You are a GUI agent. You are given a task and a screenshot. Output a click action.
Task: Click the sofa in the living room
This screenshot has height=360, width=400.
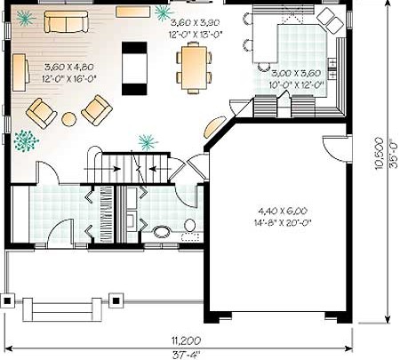click(66, 21)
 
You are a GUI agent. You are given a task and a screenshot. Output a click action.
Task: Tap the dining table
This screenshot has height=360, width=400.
click(194, 68)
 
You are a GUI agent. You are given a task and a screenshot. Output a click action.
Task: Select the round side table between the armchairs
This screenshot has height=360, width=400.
click(69, 119)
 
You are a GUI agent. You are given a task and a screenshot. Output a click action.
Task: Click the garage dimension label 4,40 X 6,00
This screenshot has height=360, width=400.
click(283, 211)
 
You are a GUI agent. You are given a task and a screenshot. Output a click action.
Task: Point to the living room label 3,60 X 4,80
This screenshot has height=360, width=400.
click(69, 67)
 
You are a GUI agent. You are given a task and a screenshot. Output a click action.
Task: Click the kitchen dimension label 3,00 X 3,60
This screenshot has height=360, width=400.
click(296, 73)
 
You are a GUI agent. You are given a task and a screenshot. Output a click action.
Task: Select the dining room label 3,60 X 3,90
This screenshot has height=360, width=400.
click(196, 22)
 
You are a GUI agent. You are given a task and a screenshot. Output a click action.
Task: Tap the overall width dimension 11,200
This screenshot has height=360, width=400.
click(186, 340)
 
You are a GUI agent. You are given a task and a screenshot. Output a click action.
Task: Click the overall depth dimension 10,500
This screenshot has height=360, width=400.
click(379, 153)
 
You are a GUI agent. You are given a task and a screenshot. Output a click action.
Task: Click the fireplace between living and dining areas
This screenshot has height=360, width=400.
click(134, 68)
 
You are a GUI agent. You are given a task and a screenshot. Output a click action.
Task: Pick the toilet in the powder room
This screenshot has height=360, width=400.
click(189, 225)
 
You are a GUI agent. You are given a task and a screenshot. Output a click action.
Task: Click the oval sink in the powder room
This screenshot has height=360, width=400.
click(162, 232)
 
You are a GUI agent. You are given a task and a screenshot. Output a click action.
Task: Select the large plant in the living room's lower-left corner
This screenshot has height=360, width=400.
click(26, 140)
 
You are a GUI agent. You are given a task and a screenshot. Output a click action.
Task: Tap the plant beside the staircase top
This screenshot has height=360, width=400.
click(148, 142)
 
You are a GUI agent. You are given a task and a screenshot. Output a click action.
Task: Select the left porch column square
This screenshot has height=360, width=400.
click(7, 301)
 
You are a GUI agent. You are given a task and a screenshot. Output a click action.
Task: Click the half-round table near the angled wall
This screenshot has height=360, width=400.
click(213, 126)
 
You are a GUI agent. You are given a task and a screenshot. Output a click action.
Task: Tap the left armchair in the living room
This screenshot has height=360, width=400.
click(41, 114)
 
